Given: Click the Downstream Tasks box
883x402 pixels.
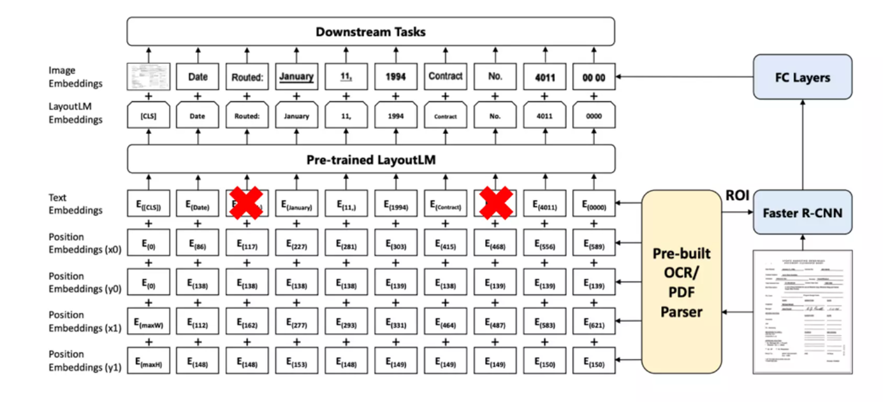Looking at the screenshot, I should [x=370, y=31].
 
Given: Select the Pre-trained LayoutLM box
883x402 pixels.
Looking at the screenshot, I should [x=370, y=159].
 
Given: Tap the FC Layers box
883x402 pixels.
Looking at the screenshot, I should [x=802, y=77].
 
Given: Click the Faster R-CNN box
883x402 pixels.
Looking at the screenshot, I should [x=802, y=212].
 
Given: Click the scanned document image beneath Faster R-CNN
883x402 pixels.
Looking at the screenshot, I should [x=802, y=311].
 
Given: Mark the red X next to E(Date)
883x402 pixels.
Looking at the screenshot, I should [x=247, y=203].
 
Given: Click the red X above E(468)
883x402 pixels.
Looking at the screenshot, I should [x=495, y=203].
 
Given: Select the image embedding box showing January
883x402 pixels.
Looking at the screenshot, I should [x=296, y=76].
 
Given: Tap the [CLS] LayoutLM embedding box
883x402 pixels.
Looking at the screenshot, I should [x=148, y=116].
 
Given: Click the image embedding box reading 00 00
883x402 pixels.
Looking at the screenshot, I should [x=594, y=77].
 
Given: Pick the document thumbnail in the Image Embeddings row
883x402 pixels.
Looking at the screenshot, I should [x=148, y=76].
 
